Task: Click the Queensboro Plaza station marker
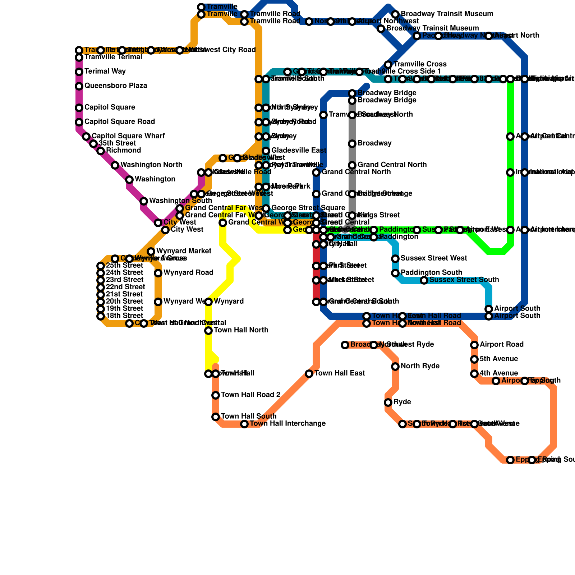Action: [79, 86]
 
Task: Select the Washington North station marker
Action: [115, 165]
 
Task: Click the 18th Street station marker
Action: [101, 316]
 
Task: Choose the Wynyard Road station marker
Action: [158, 273]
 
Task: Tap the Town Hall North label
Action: [241, 330]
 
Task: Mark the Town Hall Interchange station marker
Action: [244, 424]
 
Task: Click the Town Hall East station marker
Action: [309, 374]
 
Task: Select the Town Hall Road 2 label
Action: [250, 395]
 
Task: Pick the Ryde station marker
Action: [388, 402]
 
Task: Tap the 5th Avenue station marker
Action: [474, 359]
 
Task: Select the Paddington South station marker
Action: [395, 273]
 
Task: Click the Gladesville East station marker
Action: [266, 151]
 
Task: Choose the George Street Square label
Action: [308, 208]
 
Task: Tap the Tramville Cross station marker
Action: [388, 65]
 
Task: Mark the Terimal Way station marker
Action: [79, 72]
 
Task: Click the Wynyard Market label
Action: [184, 251]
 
